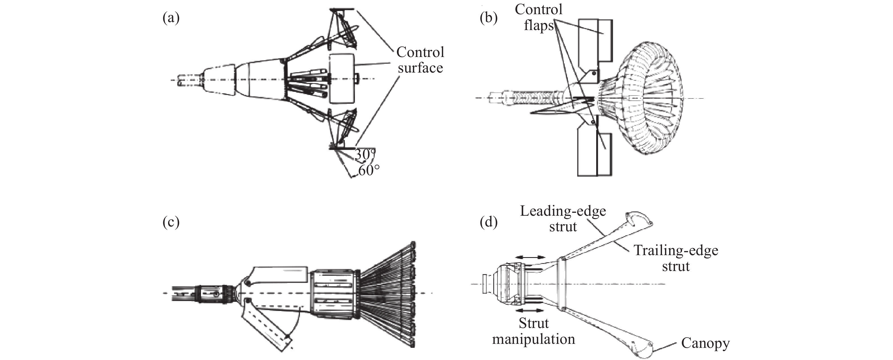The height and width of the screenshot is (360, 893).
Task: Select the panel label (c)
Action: click(x=171, y=222)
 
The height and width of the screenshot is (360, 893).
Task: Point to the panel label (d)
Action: click(x=488, y=222)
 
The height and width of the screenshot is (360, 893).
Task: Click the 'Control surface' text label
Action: click(x=420, y=60)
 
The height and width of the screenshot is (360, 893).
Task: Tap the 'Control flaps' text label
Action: click(x=538, y=17)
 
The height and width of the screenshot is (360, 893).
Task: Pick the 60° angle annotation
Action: click(x=369, y=170)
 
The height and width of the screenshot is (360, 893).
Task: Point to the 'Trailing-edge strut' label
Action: click(x=676, y=258)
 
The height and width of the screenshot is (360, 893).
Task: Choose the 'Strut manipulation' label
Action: click(x=534, y=331)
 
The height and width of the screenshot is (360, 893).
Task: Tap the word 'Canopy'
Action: click(x=705, y=343)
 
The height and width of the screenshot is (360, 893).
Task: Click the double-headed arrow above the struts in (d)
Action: click(x=530, y=257)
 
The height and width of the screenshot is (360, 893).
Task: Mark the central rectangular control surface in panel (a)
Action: click(x=342, y=78)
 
